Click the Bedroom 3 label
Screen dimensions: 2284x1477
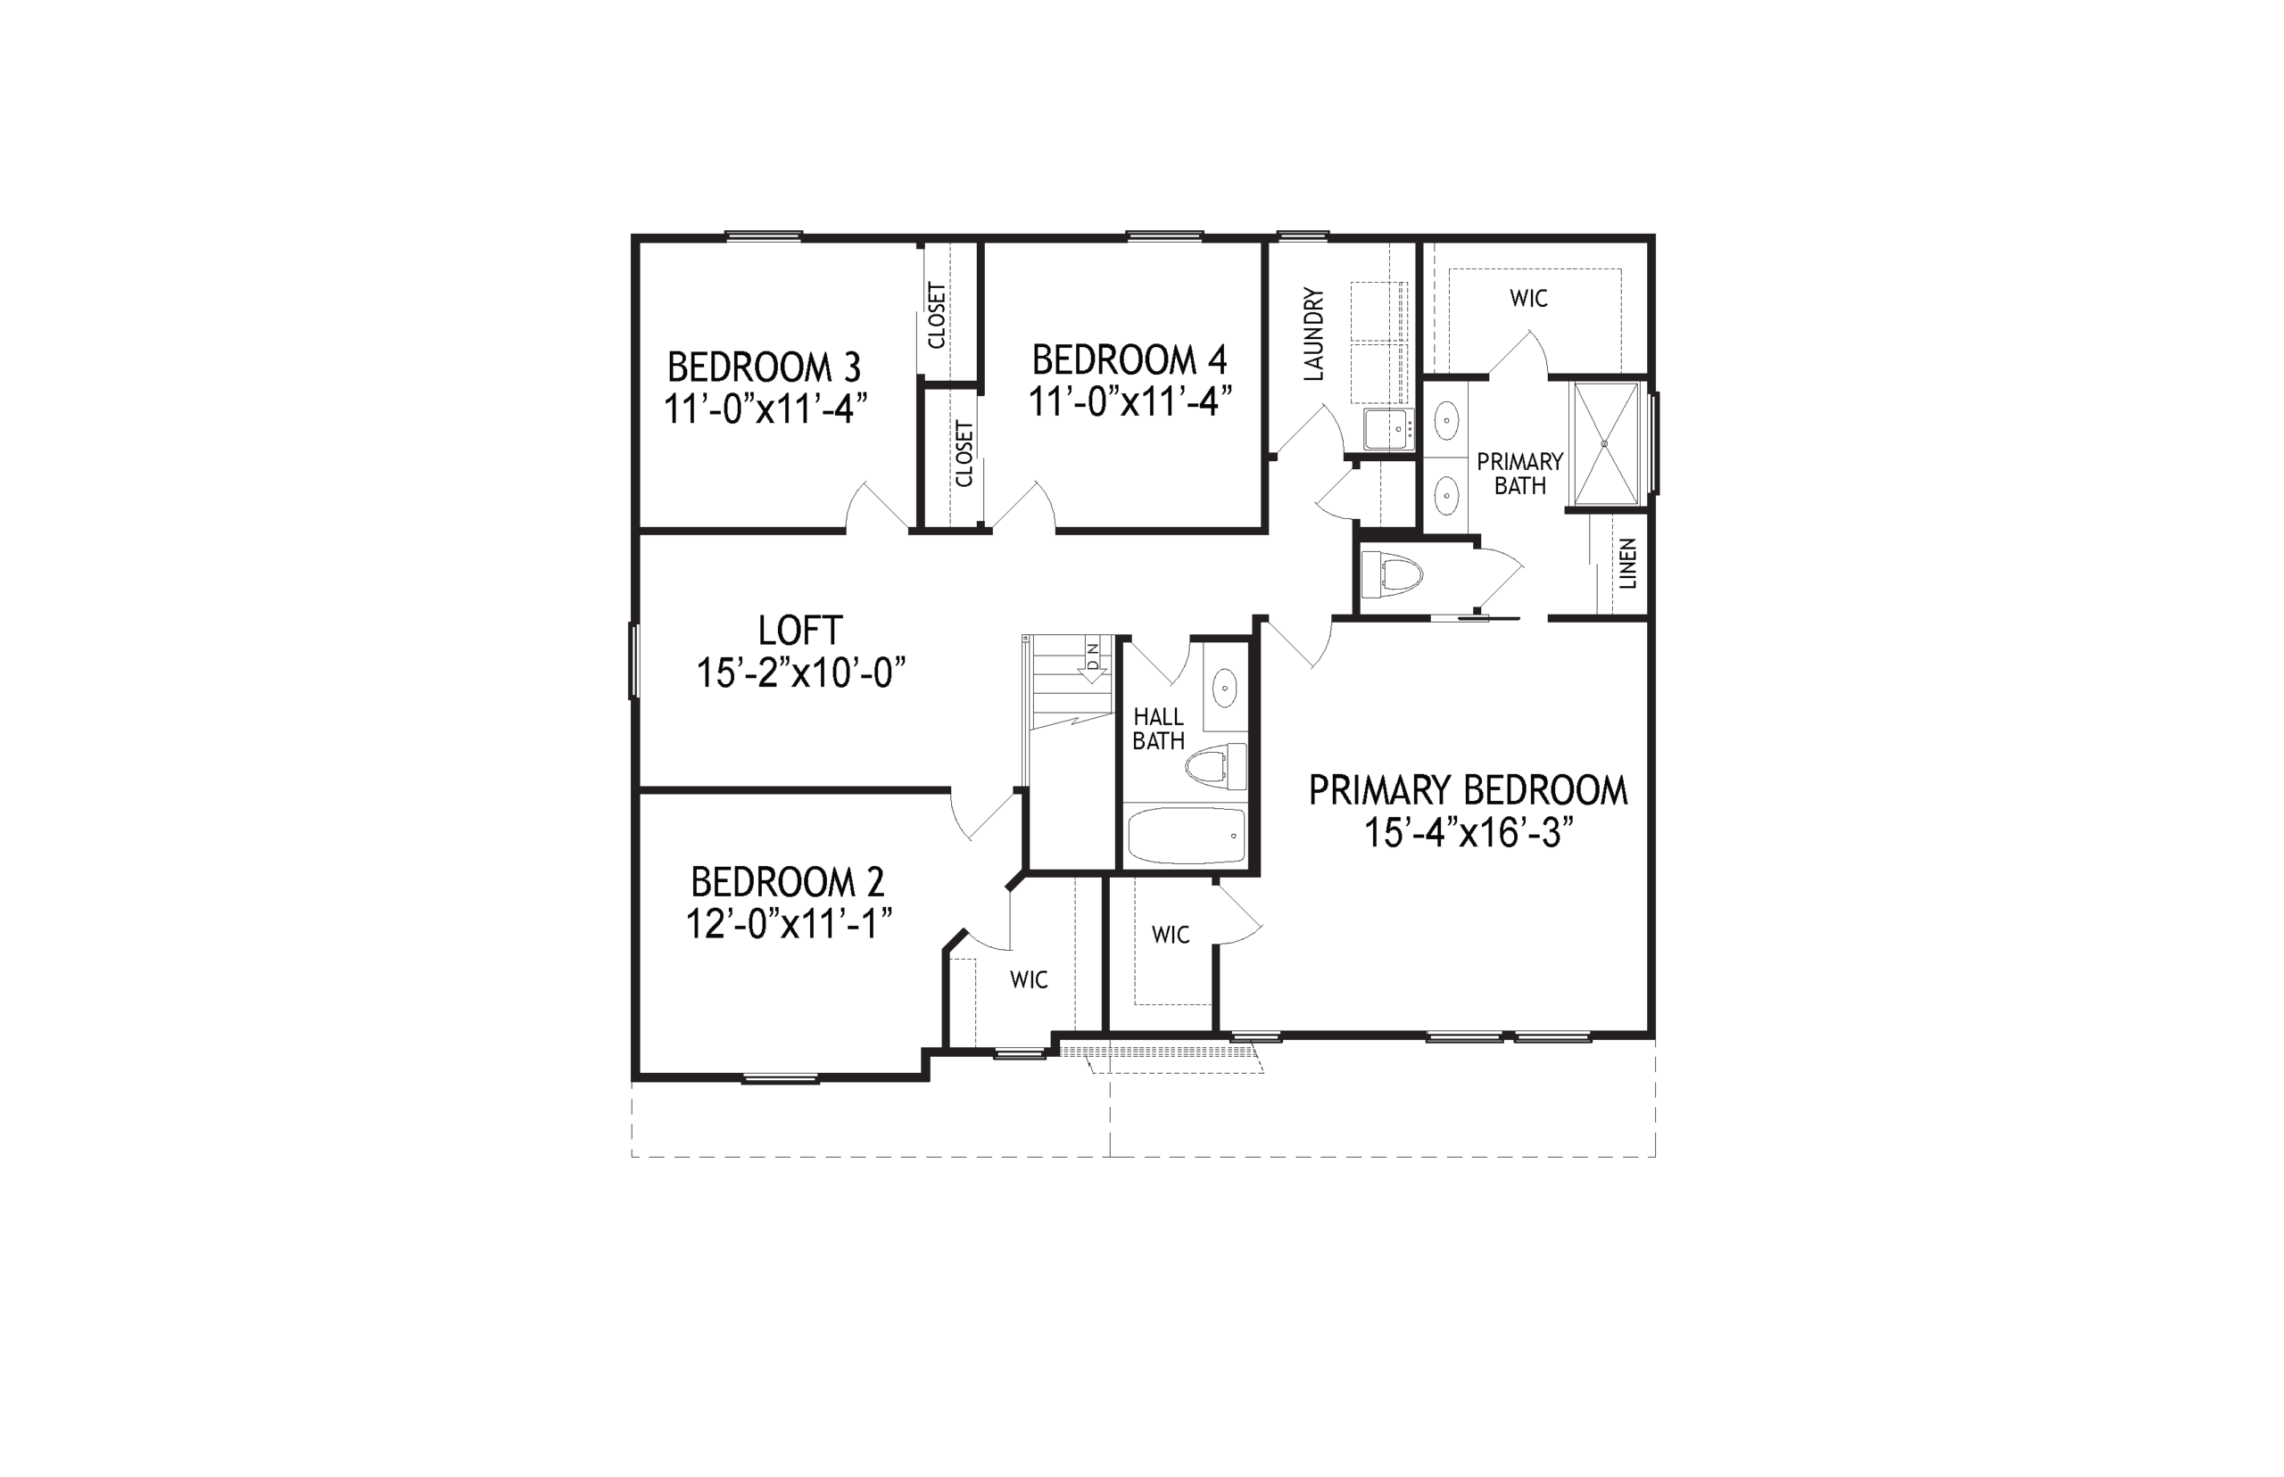click(x=764, y=367)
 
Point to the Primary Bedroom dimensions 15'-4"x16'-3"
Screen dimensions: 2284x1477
click(x=1469, y=832)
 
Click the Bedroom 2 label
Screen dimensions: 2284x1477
click(x=788, y=881)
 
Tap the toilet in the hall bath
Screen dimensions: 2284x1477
click(x=1215, y=766)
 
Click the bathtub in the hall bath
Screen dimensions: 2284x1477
click(x=1186, y=836)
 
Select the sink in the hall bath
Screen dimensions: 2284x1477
click(x=1225, y=687)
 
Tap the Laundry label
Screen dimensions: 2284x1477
click(x=1314, y=334)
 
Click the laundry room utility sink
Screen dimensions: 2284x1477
click(x=1388, y=429)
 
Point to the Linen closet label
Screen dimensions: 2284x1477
click(x=1628, y=564)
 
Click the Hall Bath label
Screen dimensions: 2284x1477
click(x=1158, y=728)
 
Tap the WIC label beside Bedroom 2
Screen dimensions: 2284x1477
click(x=1029, y=979)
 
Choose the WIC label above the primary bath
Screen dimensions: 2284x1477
click(x=1528, y=298)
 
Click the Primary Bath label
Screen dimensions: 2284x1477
click(x=1519, y=474)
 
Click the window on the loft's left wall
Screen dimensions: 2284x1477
click(x=633, y=660)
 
